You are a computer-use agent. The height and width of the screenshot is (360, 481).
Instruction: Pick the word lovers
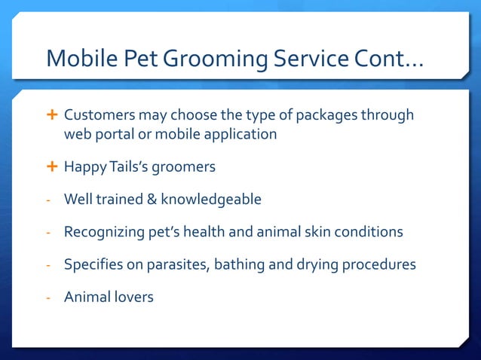pyautogui.click(x=133, y=297)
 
